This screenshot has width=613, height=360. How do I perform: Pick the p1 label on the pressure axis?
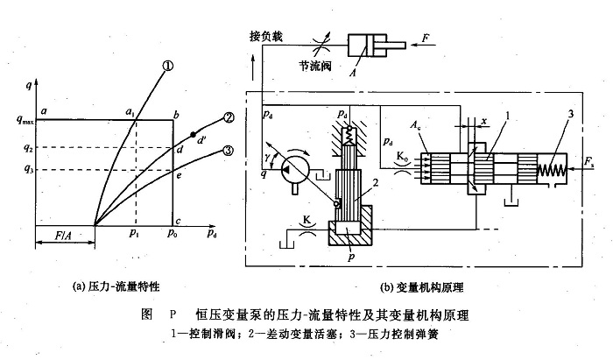click(x=134, y=235)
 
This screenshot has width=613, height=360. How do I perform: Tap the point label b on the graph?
click(x=176, y=114)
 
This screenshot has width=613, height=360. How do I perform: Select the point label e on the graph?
click(x=180, y=176)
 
